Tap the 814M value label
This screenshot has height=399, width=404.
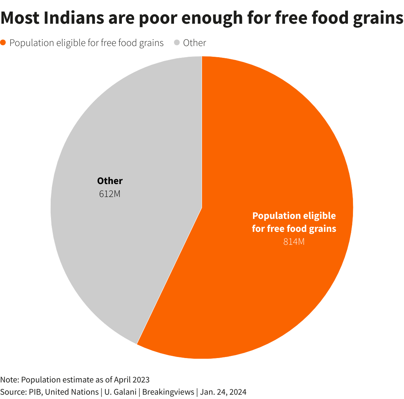pyautogui.click(x=294, y=242)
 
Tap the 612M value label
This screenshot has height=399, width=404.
pyautogui.click(x=110, y=194)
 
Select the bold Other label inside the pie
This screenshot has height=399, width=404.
pyautogui.click(x=110, y=181)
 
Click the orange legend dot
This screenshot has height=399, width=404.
pyautogui.click(x=3, y=43)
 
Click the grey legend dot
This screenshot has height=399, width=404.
pyautogui.click(x=176, y=43)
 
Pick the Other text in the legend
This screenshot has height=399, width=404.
pyautogui.click(x=194, y=43)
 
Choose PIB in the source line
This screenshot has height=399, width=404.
pyautogui.click(x=35, y=392)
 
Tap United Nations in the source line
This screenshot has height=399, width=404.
pyautogui.click(x=72, y=392)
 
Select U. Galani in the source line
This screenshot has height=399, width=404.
pyautogui.click(x=120, y=392)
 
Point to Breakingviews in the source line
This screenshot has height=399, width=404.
pyautogui.click(x=168, y=392)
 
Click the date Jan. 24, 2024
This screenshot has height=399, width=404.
pyautogui.click(x=223, y=392)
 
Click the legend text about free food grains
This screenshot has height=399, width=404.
pyautogui.click(x=86, y=43)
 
